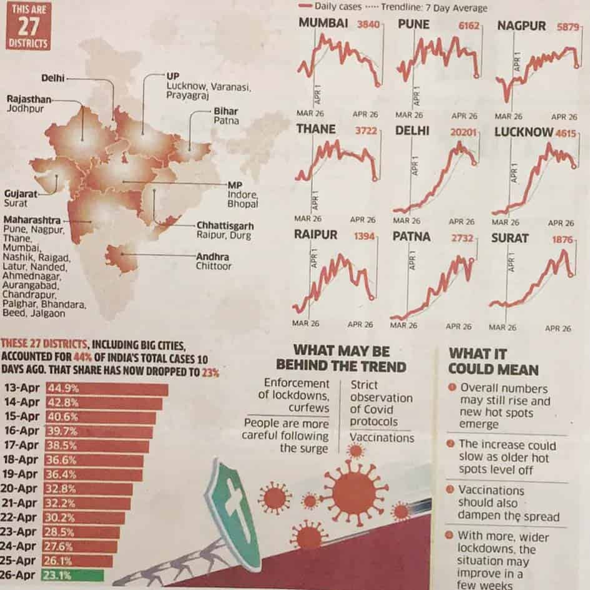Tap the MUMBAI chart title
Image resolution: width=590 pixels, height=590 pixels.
[323, 25]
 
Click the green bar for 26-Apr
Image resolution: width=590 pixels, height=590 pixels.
[72, 575]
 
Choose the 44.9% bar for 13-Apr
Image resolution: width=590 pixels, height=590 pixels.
[106, 389]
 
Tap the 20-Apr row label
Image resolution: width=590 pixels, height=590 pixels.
[21, 489]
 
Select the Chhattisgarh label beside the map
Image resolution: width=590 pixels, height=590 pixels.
[225, 225]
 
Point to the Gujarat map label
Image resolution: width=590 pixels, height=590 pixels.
[19, 194]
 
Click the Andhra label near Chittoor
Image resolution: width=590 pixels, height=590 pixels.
[212, 257]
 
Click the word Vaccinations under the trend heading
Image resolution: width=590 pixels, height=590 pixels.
[381, 438]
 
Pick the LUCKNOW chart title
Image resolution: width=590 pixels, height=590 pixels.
[523, 132]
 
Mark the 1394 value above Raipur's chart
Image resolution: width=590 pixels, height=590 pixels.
[365, 237]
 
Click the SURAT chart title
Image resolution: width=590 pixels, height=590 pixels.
[509, 238]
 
